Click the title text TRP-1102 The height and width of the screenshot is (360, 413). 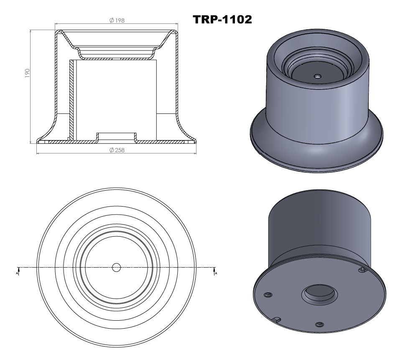222,19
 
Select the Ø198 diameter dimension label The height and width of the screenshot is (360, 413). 117,20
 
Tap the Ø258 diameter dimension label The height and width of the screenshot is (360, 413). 117,150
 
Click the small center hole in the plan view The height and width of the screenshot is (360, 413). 117,267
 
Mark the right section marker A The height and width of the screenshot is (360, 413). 215,272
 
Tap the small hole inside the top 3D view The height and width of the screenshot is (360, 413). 317,77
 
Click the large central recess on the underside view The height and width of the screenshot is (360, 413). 320,293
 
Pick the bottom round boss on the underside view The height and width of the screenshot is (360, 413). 320,324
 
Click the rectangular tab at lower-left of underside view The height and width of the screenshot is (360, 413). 276,320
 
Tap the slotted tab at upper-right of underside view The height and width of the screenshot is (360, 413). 363,271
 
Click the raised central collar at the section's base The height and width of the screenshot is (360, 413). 117,135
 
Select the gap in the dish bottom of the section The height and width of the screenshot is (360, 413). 117,59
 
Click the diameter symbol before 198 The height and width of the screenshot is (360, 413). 112,20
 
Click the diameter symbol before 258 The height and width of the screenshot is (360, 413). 112,150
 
